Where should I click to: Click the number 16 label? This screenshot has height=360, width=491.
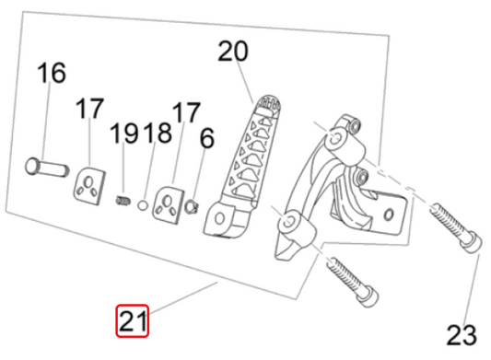(x=52, y=73)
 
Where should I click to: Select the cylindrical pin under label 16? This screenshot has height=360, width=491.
(x=47, y=168)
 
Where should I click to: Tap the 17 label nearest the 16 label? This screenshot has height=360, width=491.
(x=89, y=109)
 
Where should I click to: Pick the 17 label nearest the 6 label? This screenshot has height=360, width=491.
(x=186, y=112)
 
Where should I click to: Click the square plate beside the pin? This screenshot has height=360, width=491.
(x=89, y=186)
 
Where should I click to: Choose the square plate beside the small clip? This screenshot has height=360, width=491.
(x=168, y=205)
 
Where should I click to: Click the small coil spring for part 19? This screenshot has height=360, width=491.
(x=123, y=201)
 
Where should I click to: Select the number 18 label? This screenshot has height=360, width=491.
(x=158, y=133)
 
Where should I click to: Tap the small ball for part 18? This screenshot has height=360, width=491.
(x=143, y=205)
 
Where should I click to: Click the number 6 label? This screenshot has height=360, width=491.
(x=207, y=138)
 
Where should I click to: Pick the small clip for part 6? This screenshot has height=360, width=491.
(x=192, y=207)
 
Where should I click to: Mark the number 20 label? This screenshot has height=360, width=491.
(x=233, y=51)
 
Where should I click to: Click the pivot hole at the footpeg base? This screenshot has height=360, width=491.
(x=219, y=218)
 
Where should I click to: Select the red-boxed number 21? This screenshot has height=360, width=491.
(x=133, y=320)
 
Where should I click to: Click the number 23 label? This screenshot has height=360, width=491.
(x=462, y=335)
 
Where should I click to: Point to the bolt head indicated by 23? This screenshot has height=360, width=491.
(x=472, y=243)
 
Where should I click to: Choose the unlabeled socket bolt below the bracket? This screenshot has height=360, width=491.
(x=353, y=282)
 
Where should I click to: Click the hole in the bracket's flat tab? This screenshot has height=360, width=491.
(x=389, y=215)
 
